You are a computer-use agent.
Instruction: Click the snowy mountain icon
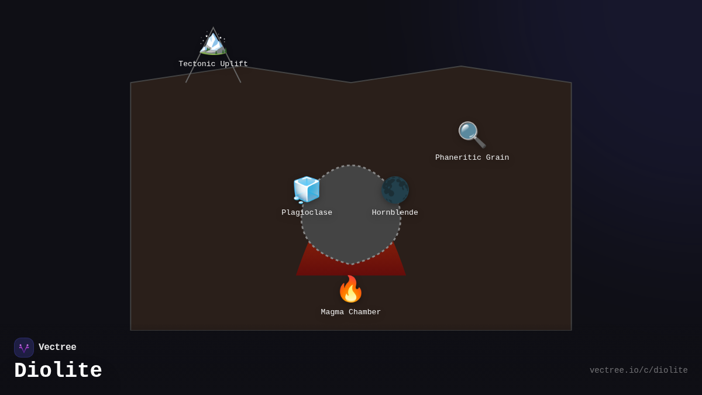tap(213, 42)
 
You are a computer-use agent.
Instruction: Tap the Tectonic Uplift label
tap(213, 64)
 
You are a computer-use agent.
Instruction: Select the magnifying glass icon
tap(472, 135)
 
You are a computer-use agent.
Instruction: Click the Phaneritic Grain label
tap(472, 158)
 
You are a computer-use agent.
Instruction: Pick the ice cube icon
tap(307, 190)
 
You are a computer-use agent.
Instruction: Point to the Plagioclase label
tap(307, 213)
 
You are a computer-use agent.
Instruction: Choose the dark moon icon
tap(395, 190)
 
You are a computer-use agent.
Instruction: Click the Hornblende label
tap(395, 213)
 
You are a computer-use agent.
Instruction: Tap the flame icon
tap(351, 289)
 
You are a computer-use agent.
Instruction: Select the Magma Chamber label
tap(351, 312)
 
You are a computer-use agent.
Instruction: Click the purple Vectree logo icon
tap(24, 348)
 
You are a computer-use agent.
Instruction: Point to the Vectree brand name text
tap(57, 348)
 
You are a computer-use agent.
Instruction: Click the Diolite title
tap(58, 371)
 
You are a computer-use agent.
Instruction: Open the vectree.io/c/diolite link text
tap(638, 370)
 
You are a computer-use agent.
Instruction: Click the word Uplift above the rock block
tap(233, 64)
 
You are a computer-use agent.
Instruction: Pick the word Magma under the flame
tap(333, 312)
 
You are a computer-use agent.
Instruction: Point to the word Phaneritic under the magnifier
tap(457, 158)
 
